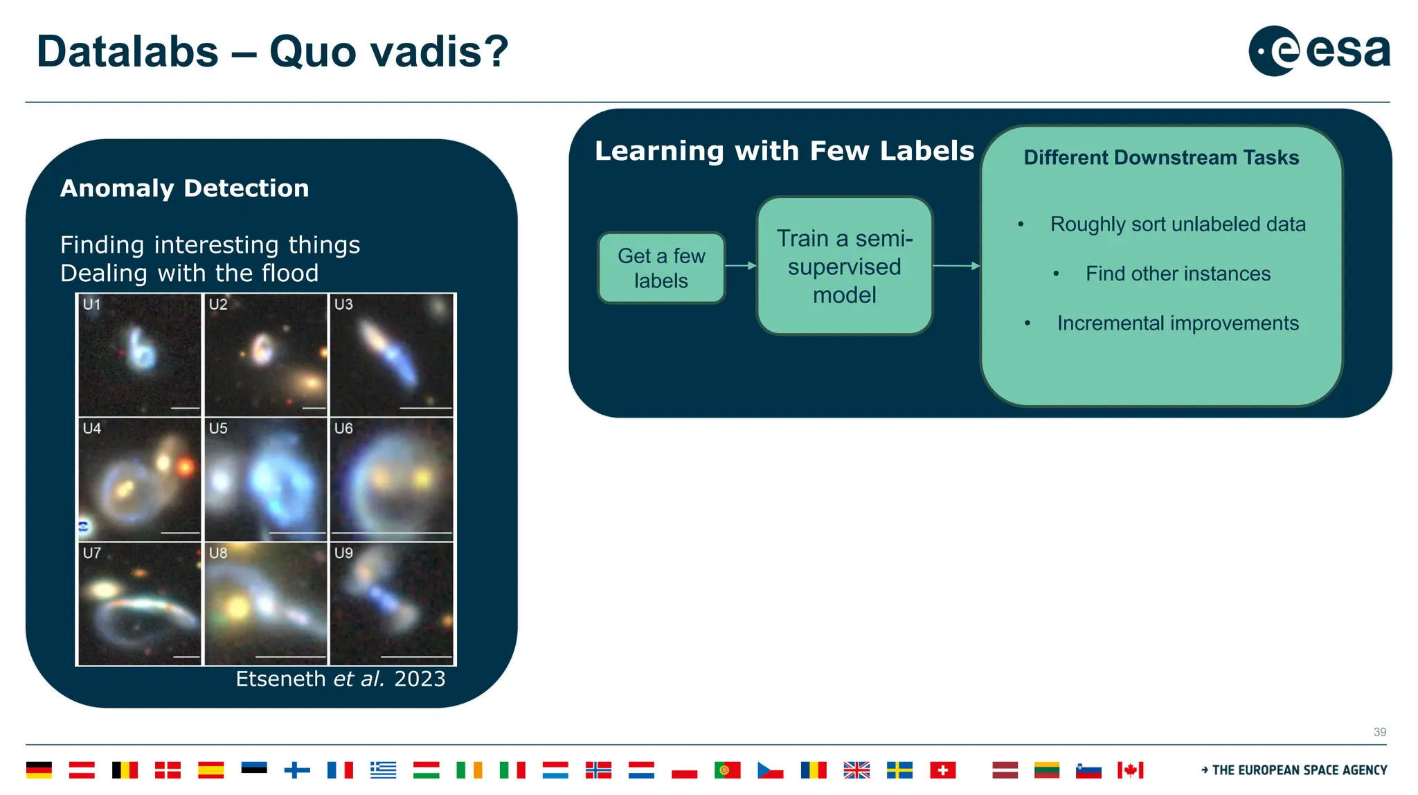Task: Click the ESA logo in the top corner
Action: point(1318,51)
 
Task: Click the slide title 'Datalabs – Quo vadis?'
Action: point(272,52)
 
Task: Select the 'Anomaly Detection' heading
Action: point(184,188)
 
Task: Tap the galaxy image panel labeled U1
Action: point(139,355)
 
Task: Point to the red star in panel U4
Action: point(185,467)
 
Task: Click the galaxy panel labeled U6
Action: point(392,479)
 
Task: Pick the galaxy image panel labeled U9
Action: point(392,603)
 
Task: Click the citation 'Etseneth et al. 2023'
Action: point(340,679)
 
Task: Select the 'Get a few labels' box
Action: point(661,268)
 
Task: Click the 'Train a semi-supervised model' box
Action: point(844,267)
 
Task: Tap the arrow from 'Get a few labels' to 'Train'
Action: point(741,265)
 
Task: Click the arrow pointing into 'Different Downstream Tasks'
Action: point(956,265)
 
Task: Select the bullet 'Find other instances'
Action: point(1177,274)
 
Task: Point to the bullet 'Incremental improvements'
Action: point(1177,323)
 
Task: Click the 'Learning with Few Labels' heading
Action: point(784,151)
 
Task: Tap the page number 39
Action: point(1379,732)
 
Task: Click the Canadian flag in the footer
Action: point(1130,770)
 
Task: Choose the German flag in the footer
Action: point(39,770)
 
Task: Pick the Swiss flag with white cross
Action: point(942,770)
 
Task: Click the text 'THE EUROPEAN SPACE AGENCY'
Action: point(1299,770)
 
